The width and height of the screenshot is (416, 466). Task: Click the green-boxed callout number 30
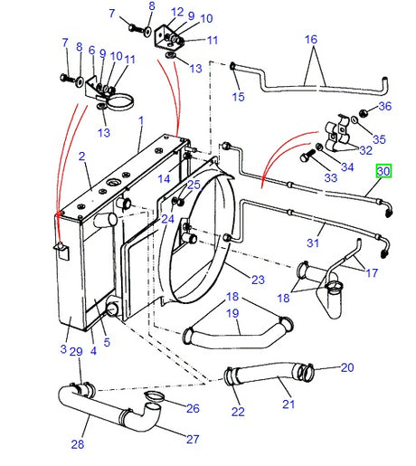[383, 171]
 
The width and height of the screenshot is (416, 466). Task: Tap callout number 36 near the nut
[385, 106]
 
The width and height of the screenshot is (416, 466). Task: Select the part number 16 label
[311, 39]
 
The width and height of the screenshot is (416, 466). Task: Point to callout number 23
[258, 280]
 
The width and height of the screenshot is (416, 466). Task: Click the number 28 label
[78, 444]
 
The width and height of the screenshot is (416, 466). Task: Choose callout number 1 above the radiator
[141, 120]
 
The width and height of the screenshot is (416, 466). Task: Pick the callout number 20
[347, 367]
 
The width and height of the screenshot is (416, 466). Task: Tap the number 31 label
[313, 243]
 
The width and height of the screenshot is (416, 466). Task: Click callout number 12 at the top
[177, 12]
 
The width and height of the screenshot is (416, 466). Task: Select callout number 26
[193, 408]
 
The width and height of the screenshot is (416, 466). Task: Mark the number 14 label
[164, 179]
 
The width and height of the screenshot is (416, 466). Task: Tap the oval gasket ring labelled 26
[154, 396]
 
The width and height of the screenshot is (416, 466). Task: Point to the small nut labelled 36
[364, 113]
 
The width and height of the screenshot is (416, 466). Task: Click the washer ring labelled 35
[355, 120]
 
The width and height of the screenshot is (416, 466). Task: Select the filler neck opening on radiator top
[114, 183]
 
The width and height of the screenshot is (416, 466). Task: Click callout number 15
[238, 97]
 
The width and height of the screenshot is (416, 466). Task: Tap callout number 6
[92, 50]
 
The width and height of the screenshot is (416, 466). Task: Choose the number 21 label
[288, 404]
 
